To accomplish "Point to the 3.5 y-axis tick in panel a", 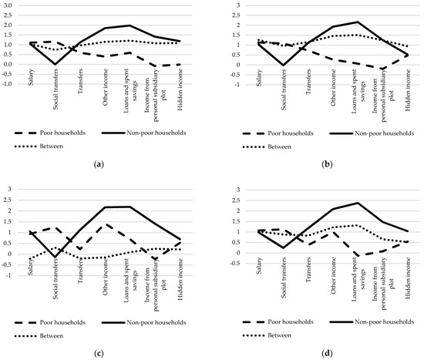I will [12, 5].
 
